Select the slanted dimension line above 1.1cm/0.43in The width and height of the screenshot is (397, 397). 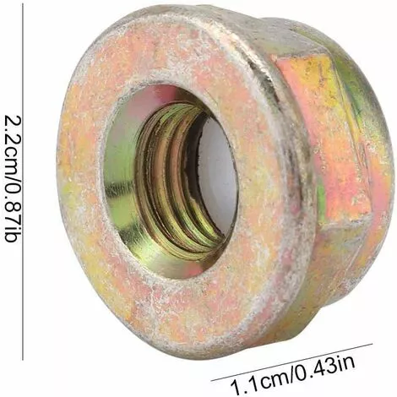292,362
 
